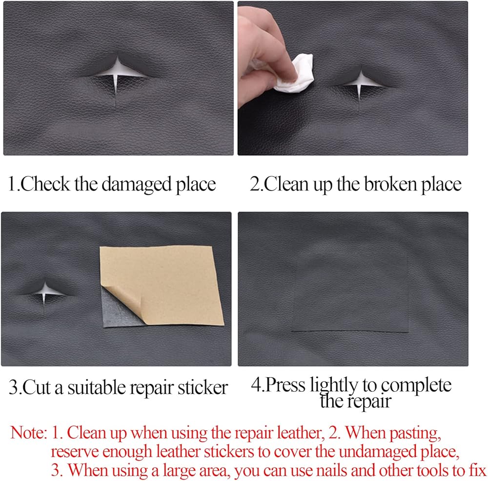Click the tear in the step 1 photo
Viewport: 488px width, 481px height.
point(117,75)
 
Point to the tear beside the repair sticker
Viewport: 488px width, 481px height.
point(44,294)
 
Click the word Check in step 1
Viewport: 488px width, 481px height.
point(45,184)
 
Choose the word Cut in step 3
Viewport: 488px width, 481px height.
point(36,387)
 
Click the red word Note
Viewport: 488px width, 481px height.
point(28,432)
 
